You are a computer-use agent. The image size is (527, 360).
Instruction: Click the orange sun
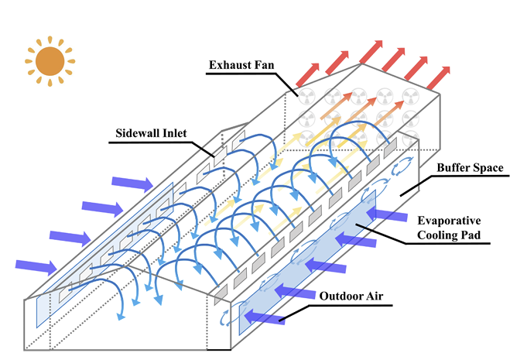pos(50,61)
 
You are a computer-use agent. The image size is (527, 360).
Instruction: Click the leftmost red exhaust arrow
pos(308,74)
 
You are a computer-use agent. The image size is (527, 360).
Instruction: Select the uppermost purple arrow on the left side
pos(132,183)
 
